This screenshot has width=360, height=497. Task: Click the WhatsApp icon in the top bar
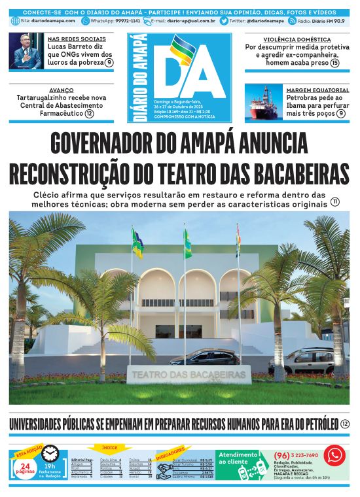[86, 21]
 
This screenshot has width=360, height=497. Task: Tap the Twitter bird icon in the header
[225, 21]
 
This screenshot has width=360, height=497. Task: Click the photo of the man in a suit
[27, 52]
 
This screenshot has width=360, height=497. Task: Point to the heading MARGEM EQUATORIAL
[317, 90]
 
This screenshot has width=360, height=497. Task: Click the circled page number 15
[334, 63]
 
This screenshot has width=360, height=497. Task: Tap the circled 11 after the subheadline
[335, 203]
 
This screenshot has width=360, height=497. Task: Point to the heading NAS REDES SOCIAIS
[78, 39]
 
